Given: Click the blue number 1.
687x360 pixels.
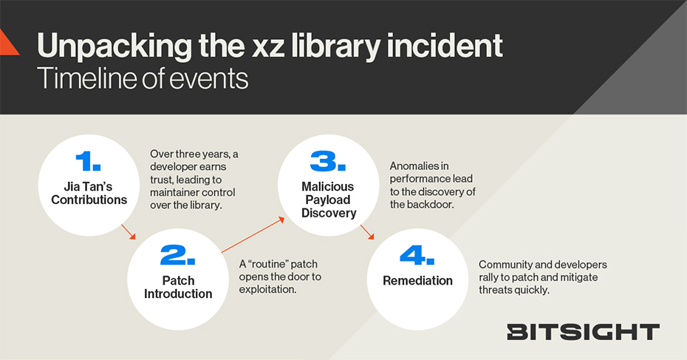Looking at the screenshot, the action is [x=88, y=161].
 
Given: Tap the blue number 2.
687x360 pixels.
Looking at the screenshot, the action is [x=177, y=255].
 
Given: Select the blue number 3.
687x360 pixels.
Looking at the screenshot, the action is [x=328, y=161].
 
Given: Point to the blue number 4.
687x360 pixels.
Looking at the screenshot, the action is [x=417, y=255].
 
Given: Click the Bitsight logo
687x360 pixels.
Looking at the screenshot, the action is [x=583, y=332].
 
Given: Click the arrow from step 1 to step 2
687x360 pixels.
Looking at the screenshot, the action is [x=129, y=232].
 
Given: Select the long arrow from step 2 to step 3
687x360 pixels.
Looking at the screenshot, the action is [x=253, y=235].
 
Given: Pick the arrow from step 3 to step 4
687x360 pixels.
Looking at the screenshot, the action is [x=367, y=232].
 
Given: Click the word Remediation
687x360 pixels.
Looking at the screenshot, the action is [x=417, y=281].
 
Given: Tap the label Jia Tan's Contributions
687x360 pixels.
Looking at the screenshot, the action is [x=89, y=193].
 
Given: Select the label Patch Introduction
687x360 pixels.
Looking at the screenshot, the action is [x=178, y=288].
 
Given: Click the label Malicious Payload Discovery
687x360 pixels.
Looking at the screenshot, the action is [x=329, y=200].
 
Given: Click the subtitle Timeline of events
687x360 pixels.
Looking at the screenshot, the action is [x=143, y=79].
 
